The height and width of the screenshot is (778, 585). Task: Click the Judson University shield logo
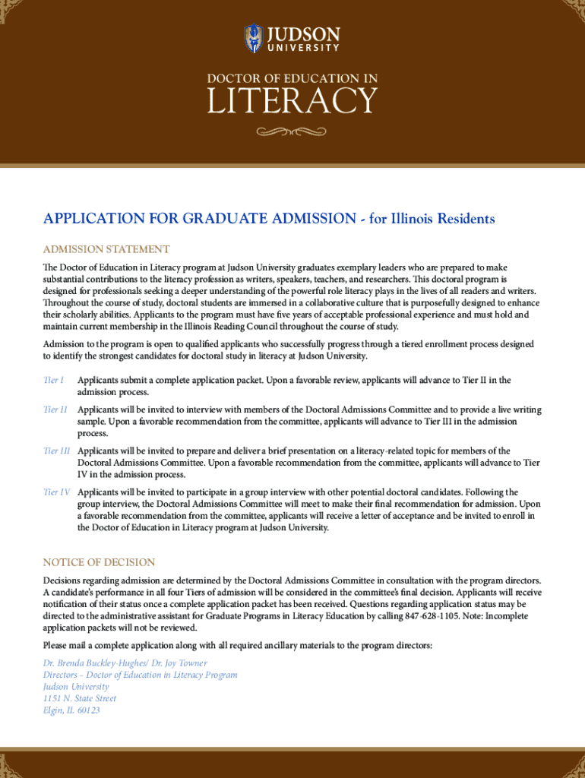(x=253, y=38)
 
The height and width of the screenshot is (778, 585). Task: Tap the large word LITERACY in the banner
(x=292, y=102)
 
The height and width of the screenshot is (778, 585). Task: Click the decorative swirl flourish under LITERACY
(x=292, y=132)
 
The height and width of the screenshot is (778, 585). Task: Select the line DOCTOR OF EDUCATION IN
(x=292, y=78)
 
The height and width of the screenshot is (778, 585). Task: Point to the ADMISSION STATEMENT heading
(x=106, y=249)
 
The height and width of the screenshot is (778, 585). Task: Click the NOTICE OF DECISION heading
(x=99, y=562)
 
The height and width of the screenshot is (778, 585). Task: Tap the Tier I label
(x=53, y=380)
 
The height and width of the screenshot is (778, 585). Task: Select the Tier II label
(x=55, y=410)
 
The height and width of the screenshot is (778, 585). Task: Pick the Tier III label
(x=57, y=451)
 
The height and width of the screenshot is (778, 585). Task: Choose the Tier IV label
(x=57, y=492)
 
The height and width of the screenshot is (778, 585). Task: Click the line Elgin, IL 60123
(x=71, y=710)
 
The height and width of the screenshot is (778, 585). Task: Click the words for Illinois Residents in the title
(x=432, y=219)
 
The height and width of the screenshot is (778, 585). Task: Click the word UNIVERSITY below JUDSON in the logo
(x=302, y=48)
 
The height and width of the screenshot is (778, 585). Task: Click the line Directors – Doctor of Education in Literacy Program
(x=140, y=675)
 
